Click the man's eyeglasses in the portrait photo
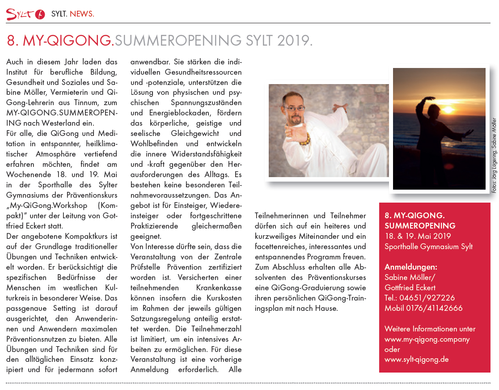pyautogui.click(x=295, y=108)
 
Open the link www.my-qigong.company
pyautogui.click(x=427, y=339)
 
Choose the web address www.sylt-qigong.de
pyautogui.click(x=417, y=359)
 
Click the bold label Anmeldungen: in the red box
pyautogui.click(x=411, y=267)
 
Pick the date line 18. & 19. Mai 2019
pyautogui.click(x=418, y=236)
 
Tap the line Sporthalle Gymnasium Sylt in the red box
pyautogui.click(x=428, y=246)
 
